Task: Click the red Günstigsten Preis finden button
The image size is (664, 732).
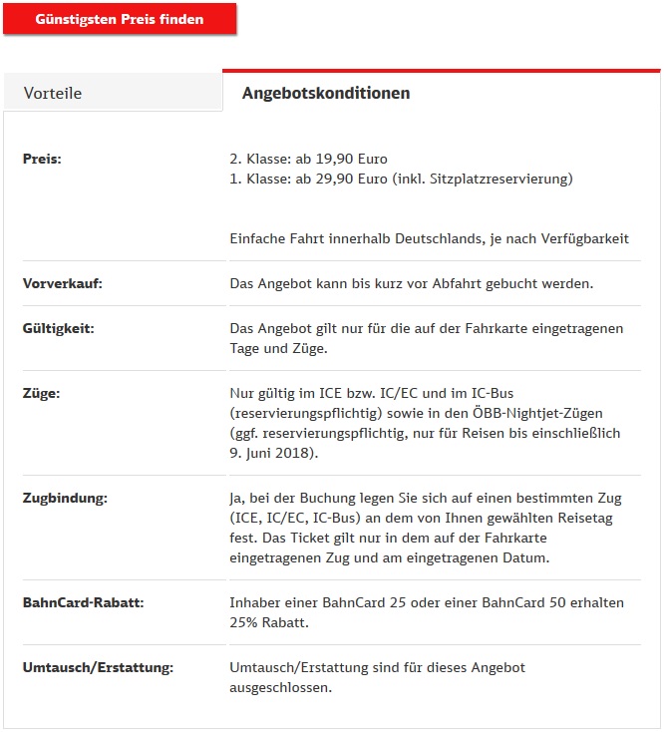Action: [x=120, y=20]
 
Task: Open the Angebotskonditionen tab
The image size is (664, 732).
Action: [x=326, y=93]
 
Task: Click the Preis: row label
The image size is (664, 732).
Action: [x=42, y=159]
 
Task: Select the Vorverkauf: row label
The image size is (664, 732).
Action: [x=62, y=283]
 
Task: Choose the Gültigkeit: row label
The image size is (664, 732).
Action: [x=58, y=328]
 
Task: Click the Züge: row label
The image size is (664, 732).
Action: [x=41, y=393]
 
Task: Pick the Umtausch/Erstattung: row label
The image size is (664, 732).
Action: [x=98, y=667]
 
